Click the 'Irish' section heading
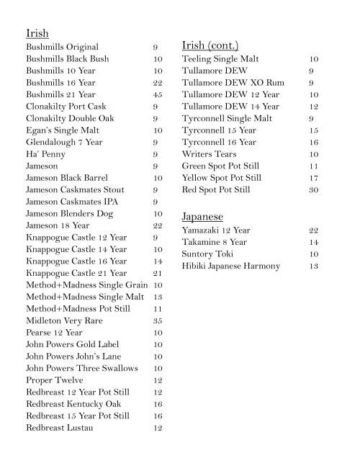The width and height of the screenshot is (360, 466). [x=37, y=34]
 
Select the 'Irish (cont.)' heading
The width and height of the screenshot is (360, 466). [x=210, y=45]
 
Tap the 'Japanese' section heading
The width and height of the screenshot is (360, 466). [x=202, y=216]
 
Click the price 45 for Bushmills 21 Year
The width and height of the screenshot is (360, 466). [x=158, y=94]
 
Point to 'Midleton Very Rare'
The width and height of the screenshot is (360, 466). [x=64, y=321]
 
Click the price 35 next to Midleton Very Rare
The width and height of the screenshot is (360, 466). [x=158, y=321]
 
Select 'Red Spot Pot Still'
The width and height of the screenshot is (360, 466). [x=216, y=190]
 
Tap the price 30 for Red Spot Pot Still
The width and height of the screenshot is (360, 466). [x=313, y=190]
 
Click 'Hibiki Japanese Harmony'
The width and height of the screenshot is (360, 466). [x=230, y=266]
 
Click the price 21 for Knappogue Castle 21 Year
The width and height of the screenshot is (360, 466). [x=158, y=273]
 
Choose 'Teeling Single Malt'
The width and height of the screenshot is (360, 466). [x=220, y=59]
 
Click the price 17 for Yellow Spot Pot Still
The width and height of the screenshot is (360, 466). [x=313, y=178]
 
